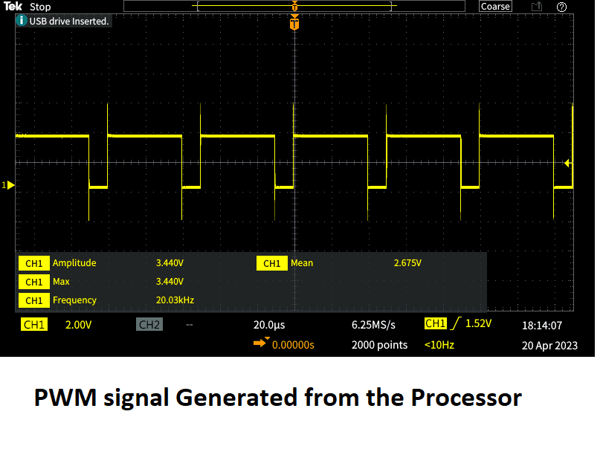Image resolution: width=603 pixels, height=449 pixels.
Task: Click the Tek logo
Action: coord(13,7)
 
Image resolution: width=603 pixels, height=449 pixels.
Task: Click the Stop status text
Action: coord(40,7)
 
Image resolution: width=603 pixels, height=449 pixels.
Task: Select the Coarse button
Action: coord(495,7)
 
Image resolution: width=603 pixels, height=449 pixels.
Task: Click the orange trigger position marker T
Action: coord(295,25)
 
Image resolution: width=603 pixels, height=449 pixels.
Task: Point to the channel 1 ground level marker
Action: coord(9,184)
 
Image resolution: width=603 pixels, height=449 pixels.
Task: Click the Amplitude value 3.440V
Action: coord(170,263)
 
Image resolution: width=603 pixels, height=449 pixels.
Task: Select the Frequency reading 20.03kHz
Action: coord(175,300)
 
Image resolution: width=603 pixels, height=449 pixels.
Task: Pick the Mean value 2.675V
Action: coord(407,263)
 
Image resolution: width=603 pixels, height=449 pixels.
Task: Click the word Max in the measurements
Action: coord(61,282)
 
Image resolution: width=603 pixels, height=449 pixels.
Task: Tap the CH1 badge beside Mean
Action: coord(271,263)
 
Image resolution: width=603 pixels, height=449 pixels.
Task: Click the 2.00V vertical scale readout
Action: coord(78,325)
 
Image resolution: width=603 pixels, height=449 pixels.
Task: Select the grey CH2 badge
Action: coord(149,325)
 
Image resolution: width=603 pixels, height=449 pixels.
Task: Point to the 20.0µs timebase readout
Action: coord(269,325)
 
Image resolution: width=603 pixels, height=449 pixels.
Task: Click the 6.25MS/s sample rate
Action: coord(373,325)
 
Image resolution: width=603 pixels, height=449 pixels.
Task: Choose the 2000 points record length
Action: coord(379,345)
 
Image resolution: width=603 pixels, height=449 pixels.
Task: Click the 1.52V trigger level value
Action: coord(478,324)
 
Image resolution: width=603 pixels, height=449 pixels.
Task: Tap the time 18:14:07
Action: coord(541,325)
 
